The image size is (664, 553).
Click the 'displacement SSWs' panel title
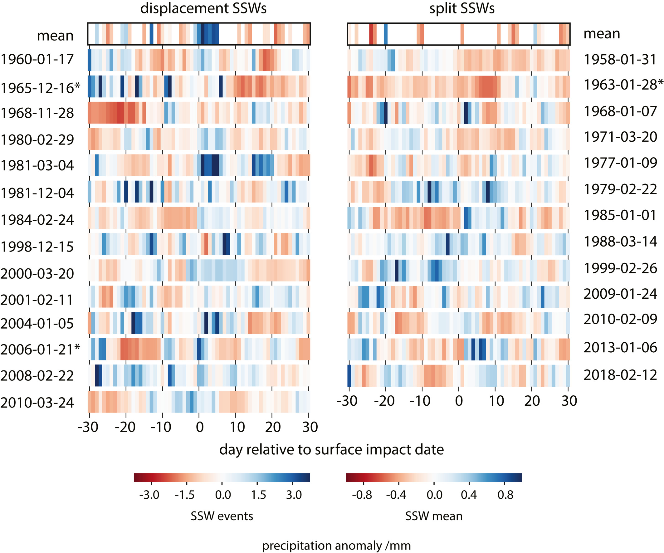203,8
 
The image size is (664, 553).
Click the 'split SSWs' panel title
461,8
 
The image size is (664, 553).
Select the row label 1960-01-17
37,59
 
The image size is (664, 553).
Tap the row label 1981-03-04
37,165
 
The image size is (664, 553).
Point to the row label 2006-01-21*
40,350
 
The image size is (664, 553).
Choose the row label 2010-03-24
37,403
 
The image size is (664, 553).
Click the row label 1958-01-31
620,59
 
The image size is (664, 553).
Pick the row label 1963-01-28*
623,85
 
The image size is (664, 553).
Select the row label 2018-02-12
620,375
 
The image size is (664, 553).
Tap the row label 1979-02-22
620,189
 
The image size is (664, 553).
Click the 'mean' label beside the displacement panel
55,35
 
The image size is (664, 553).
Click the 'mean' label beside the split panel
602,33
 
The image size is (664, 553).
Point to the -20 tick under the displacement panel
125,427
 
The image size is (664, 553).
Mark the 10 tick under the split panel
496,401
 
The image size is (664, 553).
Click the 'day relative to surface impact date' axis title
331,450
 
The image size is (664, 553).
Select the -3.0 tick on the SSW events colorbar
149,495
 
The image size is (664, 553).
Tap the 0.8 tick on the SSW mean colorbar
505,495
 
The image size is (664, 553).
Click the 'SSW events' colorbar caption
222,516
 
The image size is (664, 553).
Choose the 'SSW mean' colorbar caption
434,516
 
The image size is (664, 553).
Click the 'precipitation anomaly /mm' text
336,546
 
